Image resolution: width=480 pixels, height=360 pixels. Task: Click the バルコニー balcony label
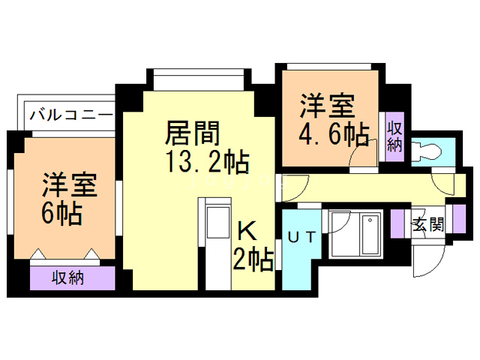tap(72, 116)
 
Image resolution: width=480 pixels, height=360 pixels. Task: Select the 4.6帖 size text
tap(334, 135)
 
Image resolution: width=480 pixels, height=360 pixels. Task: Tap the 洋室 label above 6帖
tap(68, 184)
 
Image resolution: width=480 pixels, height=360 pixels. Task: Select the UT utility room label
tap(301, 238)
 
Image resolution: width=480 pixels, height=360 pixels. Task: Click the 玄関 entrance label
tap(429, 223)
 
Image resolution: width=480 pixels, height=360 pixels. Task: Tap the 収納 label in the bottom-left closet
tap(67, 277)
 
